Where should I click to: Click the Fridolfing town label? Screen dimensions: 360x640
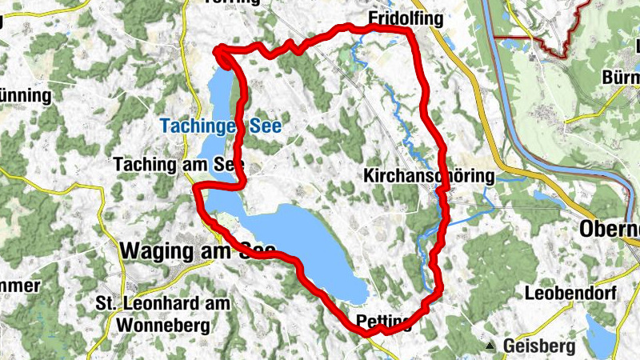tap(402, 17)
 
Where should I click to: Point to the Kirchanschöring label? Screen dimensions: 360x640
tap(429, 175)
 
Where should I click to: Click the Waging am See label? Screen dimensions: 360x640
tap(197, 250)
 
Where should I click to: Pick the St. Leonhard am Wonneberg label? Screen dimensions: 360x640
tap(162, 314)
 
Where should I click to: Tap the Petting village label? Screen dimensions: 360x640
tap(382, 322)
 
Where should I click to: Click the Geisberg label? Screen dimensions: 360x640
tap(540, 346)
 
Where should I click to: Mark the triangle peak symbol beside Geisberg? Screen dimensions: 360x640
tap(490, 346)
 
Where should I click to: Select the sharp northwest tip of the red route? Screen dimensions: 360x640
tap(216, 51)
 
